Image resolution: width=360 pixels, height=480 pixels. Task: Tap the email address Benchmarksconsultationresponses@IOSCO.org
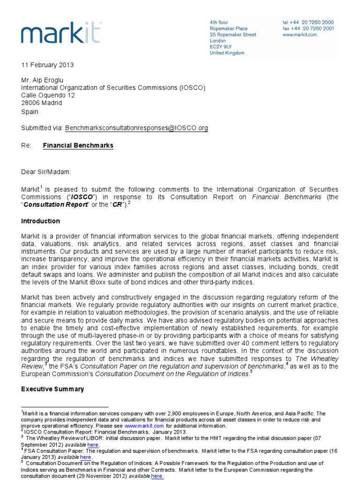(x=136, y=127)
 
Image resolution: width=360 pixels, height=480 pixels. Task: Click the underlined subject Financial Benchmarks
(x=78, y=146)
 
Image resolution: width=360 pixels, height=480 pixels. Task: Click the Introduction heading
(x=40, y=221)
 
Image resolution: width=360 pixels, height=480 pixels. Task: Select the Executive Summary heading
(x=52, y=389)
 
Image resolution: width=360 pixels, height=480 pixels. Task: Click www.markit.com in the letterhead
(x=300, y=35)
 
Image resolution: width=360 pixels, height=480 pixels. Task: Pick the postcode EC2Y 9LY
(x=221, y=47)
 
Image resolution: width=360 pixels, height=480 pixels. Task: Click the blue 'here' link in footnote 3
(x=93, y=444)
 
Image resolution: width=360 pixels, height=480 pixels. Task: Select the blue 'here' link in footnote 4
(x=86, y=457)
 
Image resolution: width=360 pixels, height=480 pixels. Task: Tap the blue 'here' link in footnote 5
(x=157, y=476)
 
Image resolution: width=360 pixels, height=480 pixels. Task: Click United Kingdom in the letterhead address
(x=227, y=53)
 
